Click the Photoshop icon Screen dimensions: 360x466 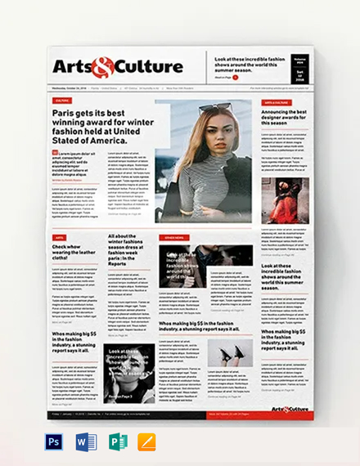(x=54, y=442)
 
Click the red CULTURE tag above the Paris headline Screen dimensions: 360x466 (x=63, y=101)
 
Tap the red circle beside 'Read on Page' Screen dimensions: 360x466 (x=236, y=78)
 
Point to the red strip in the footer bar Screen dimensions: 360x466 (x=230, y=414)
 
